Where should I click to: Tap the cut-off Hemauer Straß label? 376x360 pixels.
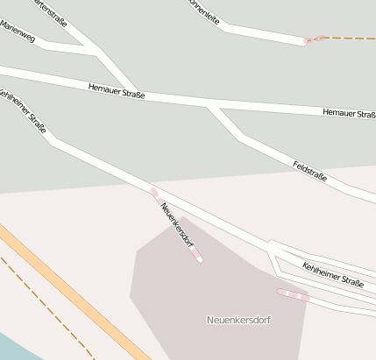tap(349, 113)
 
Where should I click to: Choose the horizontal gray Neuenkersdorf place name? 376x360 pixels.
tap(238, 320)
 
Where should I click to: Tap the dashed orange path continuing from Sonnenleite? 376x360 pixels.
tap(351, 38)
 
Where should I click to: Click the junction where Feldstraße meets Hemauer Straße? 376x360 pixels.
tap(209, 104)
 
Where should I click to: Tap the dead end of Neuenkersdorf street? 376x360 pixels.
tap(200, 260)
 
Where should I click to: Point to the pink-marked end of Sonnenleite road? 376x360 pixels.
tap(308, 40)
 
